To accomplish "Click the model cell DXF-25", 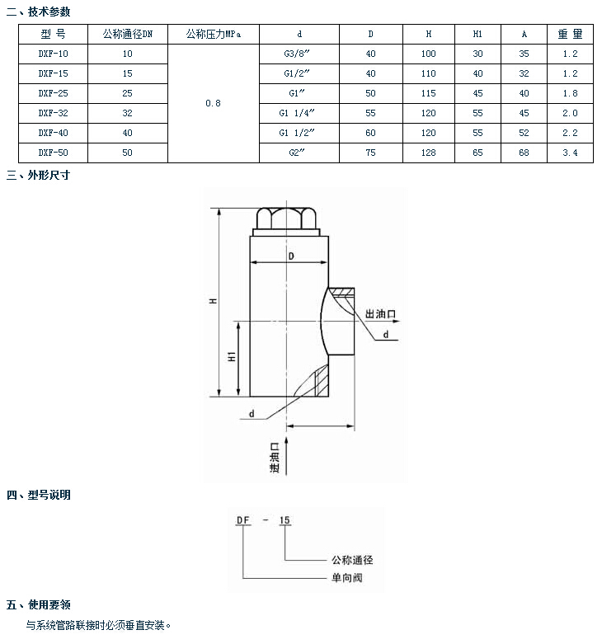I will [51, 93].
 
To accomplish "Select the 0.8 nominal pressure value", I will [213, 103].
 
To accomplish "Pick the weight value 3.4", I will [569, 153].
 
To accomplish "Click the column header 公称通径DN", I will [127, 34].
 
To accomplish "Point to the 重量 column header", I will [569, 34].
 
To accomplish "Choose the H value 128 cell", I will [428, 153].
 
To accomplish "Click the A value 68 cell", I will [524, 153].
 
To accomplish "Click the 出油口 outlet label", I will [381, 314].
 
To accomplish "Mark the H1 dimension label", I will [233, 357].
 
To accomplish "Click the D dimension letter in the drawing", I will [291, 256].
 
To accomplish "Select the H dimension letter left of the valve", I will [212, 302].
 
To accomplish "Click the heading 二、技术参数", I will [39, 12].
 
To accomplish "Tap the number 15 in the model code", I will [285, 520].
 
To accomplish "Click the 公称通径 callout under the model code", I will [352, 560].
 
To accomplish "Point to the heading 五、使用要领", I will [39, 605].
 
